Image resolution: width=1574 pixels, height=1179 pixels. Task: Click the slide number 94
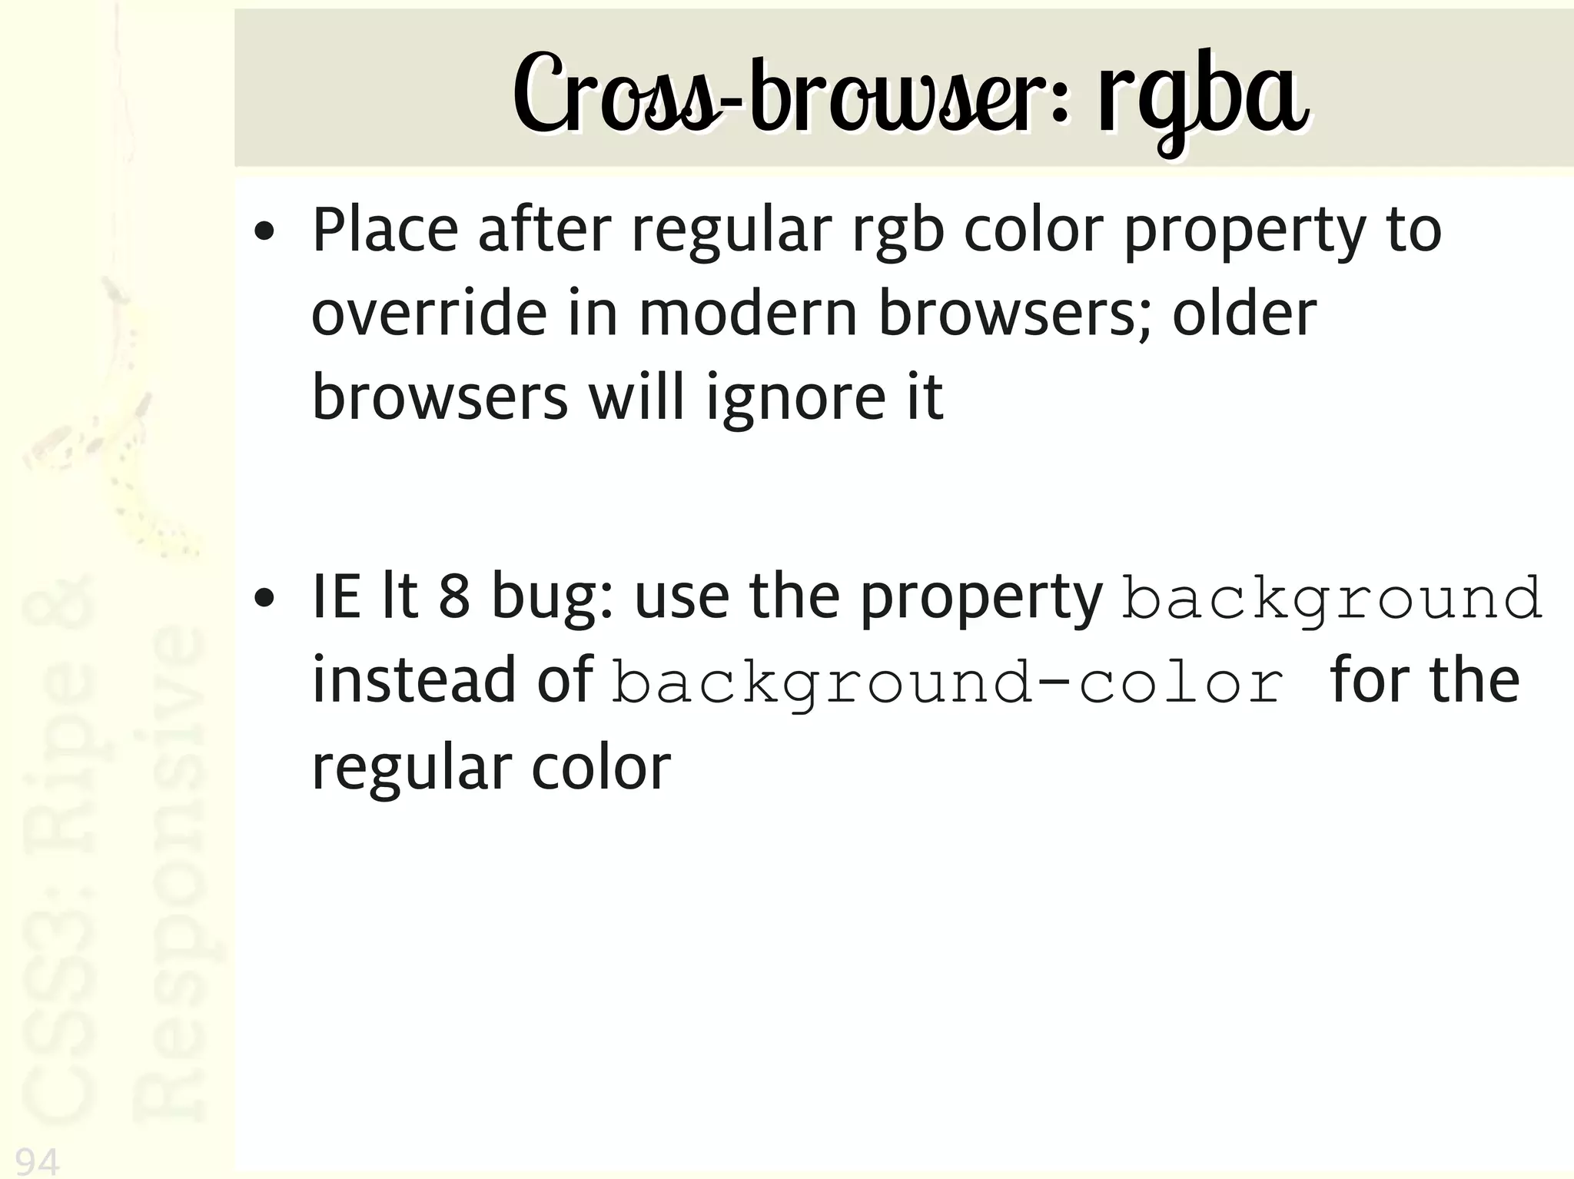coord(37,1161)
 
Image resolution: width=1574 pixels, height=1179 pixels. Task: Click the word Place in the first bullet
coord(384,230)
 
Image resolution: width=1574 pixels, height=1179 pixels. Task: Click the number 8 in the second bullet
coord(454,597)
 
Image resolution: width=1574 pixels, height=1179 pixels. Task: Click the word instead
coord(413,680)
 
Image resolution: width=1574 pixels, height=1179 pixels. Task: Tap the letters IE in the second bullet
coord(336,597)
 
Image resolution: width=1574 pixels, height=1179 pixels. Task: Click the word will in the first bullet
coord(636,398)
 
